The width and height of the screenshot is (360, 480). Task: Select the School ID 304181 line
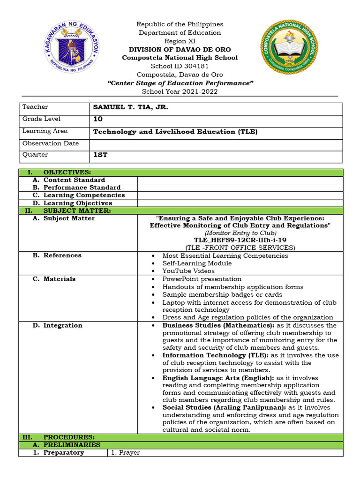click(180, 66)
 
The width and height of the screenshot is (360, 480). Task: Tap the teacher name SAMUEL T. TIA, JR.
click(130, 107)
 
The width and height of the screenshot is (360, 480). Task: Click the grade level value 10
click(97, 119)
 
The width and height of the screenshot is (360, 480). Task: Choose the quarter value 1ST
click(100, 155)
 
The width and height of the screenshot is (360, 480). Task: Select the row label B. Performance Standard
click(82, 187)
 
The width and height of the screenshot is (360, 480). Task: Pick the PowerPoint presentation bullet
click(202, 279)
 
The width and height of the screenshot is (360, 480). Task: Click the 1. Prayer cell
click(126, 453)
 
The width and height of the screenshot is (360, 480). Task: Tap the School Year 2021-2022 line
click(180, 91)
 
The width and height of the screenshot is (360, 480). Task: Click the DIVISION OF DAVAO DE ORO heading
click(180, 49)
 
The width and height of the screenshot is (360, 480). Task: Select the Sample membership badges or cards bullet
click(222, 295)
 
